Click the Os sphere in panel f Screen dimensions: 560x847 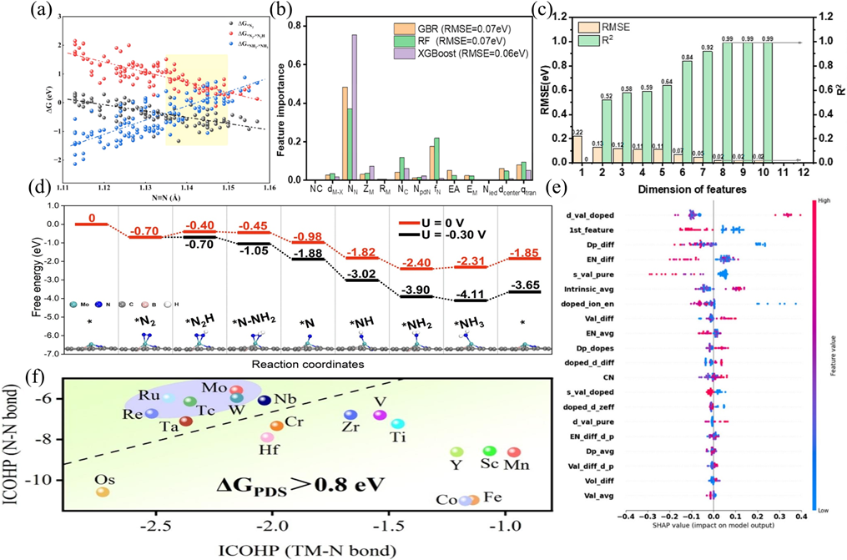click(103, 492)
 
